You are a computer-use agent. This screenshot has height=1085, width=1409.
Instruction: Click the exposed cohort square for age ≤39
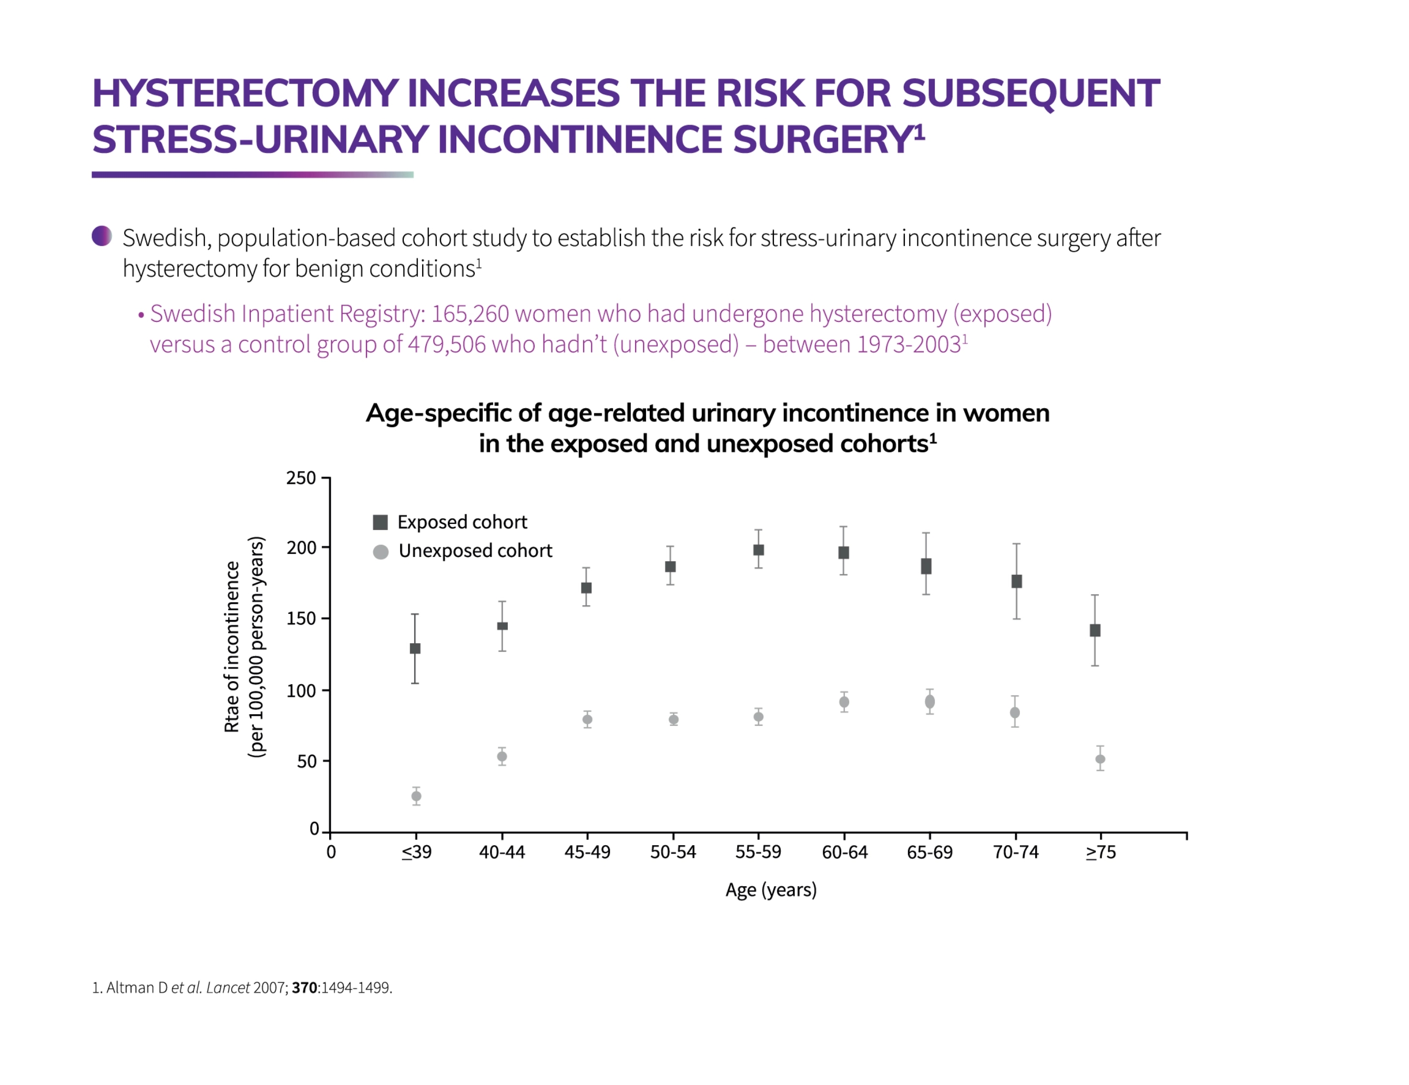point(415,648)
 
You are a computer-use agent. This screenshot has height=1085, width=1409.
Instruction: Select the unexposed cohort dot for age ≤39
point(416,796)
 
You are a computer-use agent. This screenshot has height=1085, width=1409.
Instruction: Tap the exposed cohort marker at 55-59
point(759,550)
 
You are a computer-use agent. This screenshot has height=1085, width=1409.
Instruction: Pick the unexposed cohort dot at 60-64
point(844,702)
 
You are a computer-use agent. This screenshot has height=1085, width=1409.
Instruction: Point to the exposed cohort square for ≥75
point(1095,631)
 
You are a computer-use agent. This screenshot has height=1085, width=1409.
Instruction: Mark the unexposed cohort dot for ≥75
point(1100,759)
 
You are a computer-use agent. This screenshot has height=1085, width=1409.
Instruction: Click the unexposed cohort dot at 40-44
point(502,756)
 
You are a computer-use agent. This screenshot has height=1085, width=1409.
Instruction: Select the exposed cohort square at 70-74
point(1016,582)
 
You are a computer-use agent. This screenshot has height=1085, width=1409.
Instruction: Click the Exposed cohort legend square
point(381,522)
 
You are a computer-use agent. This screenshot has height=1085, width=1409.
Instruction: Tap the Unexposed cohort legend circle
point(381,552)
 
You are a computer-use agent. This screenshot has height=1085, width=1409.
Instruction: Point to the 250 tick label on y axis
point(301,478)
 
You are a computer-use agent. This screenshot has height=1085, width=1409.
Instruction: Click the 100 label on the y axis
point(301,691)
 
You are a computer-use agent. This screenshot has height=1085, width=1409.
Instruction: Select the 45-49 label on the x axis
point(587,852)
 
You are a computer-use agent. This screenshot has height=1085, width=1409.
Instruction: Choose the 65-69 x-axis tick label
point(930,852)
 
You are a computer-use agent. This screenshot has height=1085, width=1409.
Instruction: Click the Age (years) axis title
point(771,889)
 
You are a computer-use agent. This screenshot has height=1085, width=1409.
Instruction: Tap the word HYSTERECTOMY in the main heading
point(244,93)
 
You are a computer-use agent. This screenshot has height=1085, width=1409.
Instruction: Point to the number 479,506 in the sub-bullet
point(446,344)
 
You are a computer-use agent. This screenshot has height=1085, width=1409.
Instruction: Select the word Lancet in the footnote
point(228,988)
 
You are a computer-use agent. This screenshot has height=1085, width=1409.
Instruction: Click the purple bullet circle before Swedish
point(102,236)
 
